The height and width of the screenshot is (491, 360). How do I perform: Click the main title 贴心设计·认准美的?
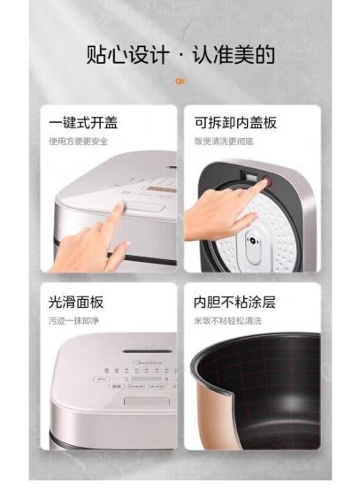point(180,55)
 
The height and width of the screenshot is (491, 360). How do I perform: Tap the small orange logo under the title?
point(180,81)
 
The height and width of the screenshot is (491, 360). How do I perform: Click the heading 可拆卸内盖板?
point(229,122)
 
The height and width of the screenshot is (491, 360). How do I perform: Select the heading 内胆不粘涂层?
point(229,303)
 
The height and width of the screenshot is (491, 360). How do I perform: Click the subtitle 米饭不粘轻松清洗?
point(229,319)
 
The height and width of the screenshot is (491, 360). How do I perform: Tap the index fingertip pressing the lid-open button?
point(121,210)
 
